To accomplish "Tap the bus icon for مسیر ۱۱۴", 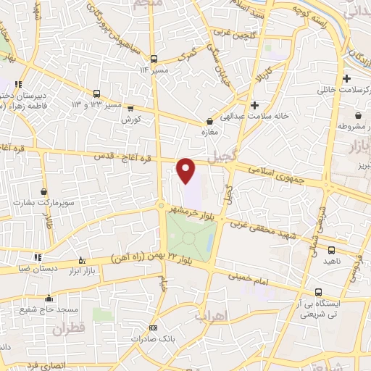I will [x=154, y=58].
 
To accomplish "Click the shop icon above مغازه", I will [x=210, y=121].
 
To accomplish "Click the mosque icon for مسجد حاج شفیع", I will [x=49, y=297].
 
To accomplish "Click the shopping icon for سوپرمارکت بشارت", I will [x=44, y=191].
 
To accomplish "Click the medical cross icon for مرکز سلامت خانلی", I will [x=347, y=79].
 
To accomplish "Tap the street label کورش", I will [x=130, y=118].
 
